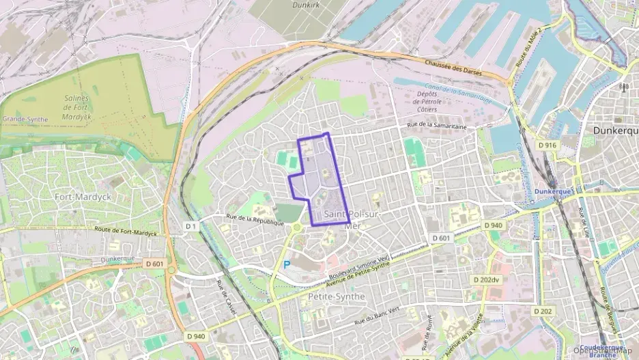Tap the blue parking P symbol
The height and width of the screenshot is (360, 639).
(287, 264)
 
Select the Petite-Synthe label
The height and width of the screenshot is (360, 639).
(337, 296)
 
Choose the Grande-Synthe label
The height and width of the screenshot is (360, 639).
(25, 119)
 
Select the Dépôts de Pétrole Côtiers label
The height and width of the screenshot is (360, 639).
(429, 102)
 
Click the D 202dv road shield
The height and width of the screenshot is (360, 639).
(486, 279)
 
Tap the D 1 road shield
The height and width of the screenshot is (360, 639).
(191, 225)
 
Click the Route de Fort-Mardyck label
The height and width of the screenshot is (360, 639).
(127, 232)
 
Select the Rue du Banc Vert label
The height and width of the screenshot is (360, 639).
(377, 316)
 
